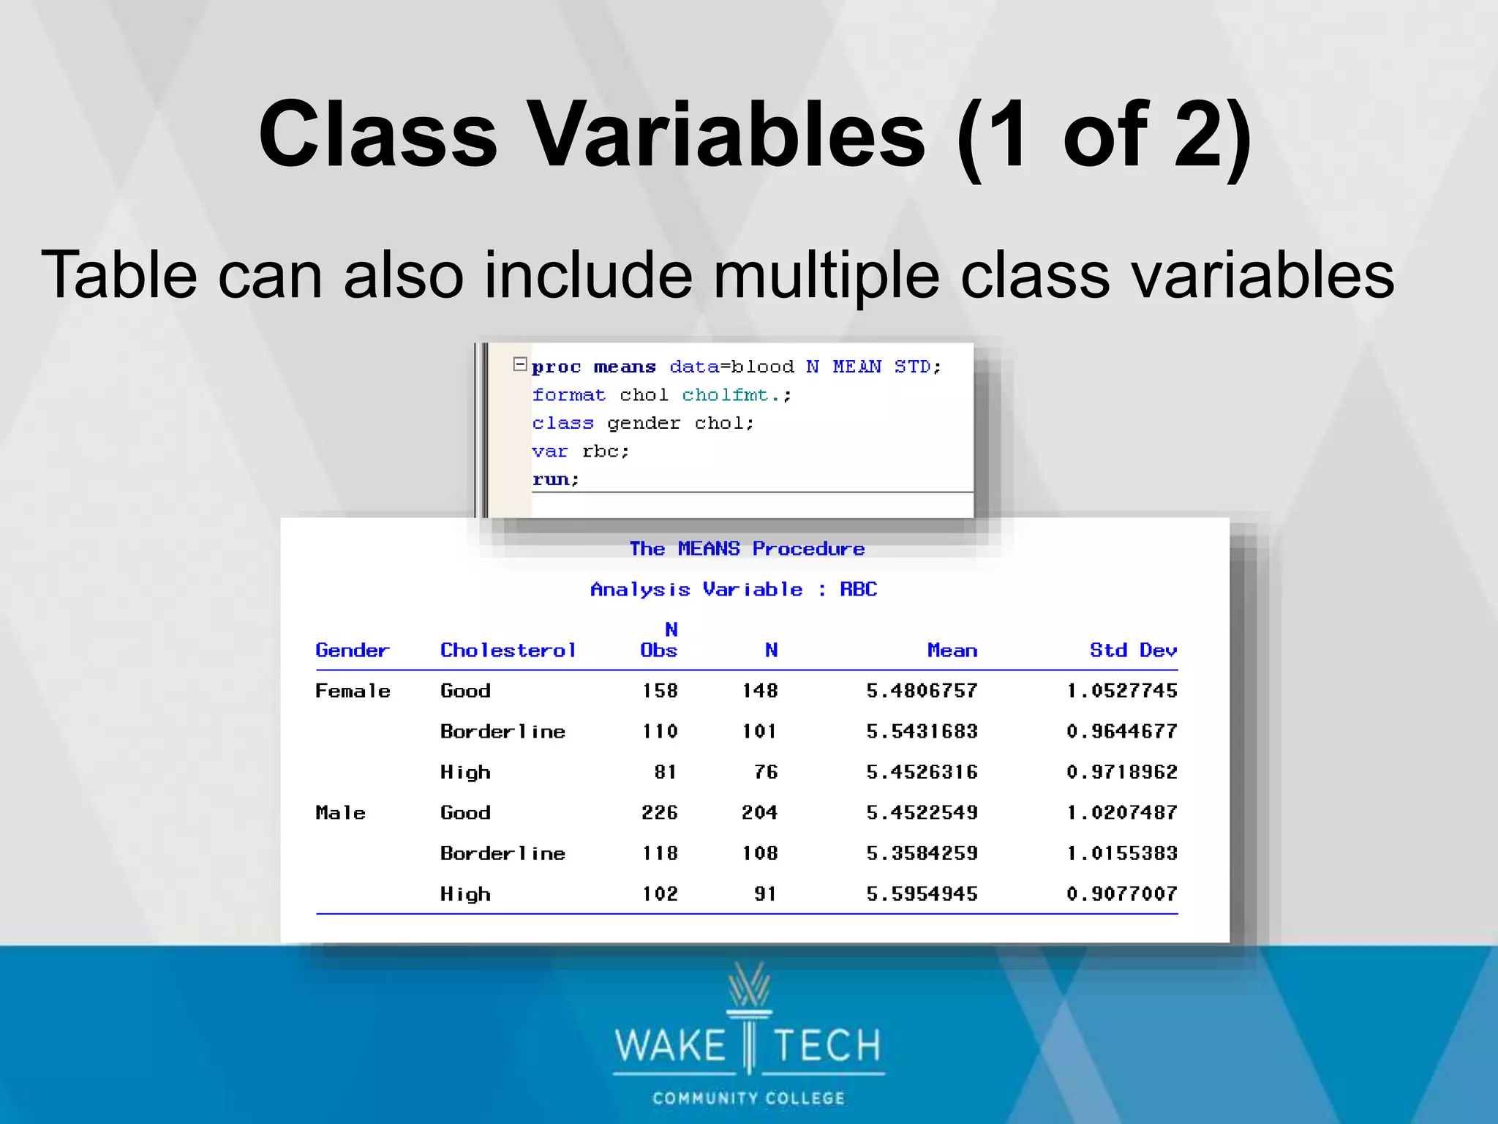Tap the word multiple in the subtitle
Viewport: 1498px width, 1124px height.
826,276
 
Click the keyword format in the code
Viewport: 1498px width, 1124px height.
568,395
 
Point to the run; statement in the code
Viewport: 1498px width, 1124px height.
555,479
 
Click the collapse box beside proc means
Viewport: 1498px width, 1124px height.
520,364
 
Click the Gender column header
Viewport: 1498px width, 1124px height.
353,651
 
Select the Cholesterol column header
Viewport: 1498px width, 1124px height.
508,651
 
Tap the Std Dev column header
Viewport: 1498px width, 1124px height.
1133,651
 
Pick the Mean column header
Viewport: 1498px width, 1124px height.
952,651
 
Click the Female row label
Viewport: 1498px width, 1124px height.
353,691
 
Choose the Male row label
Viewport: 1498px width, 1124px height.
340,813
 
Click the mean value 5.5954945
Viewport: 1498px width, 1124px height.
922,894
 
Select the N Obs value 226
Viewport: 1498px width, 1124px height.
660,813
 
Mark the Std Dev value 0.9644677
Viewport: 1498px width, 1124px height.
1121,732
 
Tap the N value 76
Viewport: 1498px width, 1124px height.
766,772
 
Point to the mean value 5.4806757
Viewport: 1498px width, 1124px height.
922,691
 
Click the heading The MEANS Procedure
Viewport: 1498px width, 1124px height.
747,549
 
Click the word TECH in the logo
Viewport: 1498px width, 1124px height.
827,1045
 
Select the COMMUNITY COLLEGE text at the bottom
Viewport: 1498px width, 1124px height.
748,1098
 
